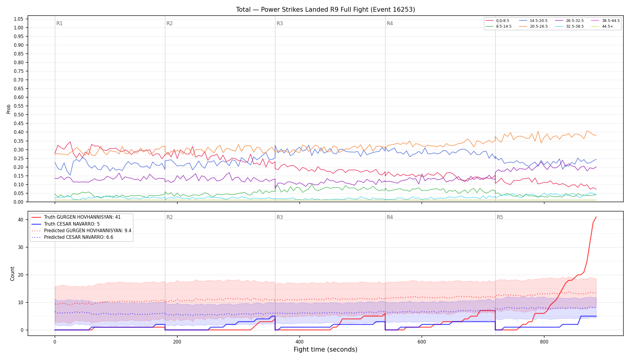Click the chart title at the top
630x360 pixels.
click(325, 10)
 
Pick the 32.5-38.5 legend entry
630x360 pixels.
click(569, 26)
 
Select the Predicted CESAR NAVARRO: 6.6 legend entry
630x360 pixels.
click(72, 237)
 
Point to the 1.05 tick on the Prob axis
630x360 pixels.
click(19, 19)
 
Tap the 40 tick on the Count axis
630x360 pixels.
click(20, 220)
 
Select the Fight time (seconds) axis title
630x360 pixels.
click(325, 349)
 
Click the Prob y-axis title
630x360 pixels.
click(8, 109)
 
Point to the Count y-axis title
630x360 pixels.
click(12, 274)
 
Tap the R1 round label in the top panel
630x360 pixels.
click(59, 23)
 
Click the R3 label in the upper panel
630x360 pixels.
click(280, 23)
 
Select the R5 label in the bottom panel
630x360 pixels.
click(500, 217)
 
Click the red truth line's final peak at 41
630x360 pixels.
click(596, 217)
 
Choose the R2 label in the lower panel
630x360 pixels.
click(169, 217)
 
